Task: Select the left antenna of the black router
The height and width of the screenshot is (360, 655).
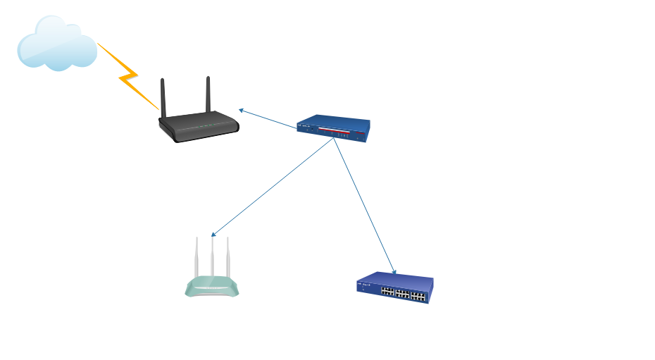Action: [x=163, y=99]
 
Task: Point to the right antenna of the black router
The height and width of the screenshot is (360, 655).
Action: [x=208, y=96]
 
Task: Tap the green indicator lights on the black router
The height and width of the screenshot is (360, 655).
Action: [x=204, y=128]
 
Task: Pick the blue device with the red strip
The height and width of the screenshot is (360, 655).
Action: [x=333, y=129]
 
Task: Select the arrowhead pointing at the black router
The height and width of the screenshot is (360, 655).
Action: [x=241, y=110]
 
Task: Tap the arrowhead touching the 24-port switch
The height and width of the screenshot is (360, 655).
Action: [x=394, y=271]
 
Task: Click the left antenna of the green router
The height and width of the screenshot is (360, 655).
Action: [x=198, y=259]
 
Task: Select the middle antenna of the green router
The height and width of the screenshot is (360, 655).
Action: [x=212, y=259]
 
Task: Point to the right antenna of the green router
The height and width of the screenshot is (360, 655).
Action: [x=227, y=259]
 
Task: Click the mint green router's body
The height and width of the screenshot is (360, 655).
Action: [x=212, y=287]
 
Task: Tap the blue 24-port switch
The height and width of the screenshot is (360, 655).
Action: [x=394, y=288]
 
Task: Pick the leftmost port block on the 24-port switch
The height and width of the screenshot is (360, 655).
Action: [x=387, y=291]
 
